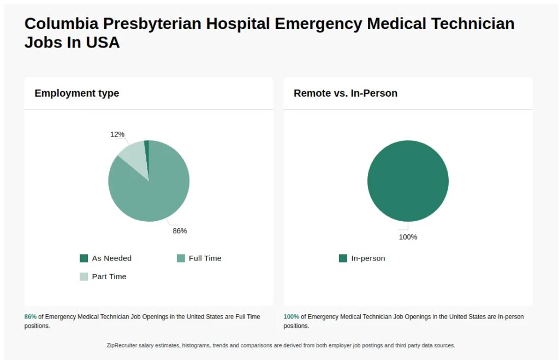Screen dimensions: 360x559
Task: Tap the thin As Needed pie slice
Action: click(x=147, y=146)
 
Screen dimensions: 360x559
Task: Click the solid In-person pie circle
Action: click(x=408, y=181)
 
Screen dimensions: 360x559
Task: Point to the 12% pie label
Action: click(x=117, y=134)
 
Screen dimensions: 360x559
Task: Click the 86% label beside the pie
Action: click(x=180, y=231)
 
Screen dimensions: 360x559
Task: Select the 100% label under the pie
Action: click(x=408, y=237)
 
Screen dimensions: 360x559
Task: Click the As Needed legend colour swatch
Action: click(x=84, y=258)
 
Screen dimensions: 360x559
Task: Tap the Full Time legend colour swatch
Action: click(x=181, y=258)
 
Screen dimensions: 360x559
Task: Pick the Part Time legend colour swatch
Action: click(x=84, y=276)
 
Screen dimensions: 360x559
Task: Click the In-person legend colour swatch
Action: click(x=343, y=258)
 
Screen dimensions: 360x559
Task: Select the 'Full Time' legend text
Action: click(x=205, y=258)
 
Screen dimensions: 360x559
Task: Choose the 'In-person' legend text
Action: click(x=368, y=258)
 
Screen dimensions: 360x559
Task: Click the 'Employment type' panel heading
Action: click(x=76, y=93)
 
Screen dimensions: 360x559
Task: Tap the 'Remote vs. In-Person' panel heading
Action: click(x=346, y=93)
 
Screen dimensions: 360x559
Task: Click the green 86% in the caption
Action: click(x=31, y=317)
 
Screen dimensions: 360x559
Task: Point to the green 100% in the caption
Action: click(x=291, y=317)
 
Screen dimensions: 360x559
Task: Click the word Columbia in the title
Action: click(x=61, y=24)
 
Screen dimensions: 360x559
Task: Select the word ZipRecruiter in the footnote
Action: click(x=122, y=345)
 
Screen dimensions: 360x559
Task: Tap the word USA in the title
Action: click(x=102, y=43)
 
